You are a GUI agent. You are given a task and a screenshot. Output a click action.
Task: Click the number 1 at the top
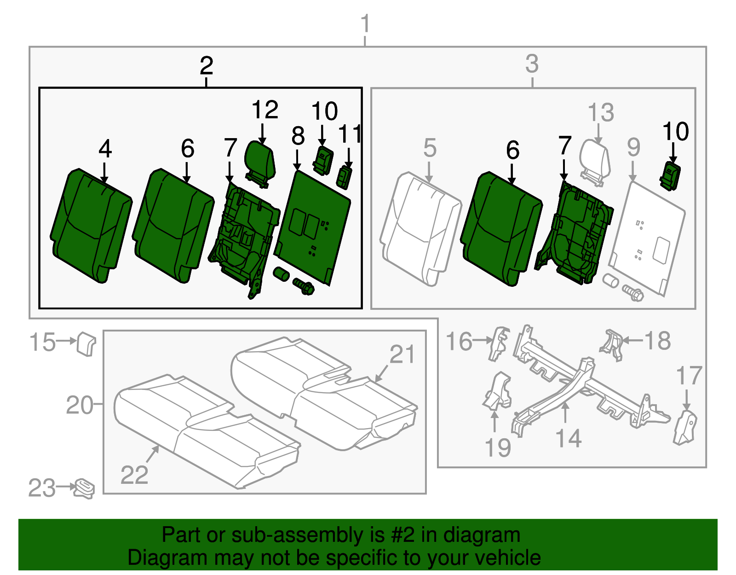[x=365, y=24]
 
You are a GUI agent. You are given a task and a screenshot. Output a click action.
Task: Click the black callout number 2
[x=207, y=66]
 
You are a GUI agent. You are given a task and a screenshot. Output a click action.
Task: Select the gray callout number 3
[x=532, y=64]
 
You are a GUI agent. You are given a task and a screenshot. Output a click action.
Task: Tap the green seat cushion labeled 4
[x=91, y=225]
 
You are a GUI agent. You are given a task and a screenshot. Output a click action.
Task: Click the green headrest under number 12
[x=260, y=159]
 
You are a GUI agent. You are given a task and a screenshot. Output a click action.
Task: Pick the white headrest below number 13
[x=595, y=159]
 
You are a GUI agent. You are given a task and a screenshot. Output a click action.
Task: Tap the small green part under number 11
[x=345, y=177]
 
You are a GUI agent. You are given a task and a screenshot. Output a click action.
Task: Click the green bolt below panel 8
[x=303, y=286]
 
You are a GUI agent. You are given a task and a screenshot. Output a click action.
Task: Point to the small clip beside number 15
[x=86, y=343]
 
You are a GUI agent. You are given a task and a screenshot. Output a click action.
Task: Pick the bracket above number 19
[x=497, y=391]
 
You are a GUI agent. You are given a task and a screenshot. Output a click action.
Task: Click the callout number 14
[x=569, y=438]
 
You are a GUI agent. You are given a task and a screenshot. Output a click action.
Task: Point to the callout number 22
[x=134, y=475]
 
